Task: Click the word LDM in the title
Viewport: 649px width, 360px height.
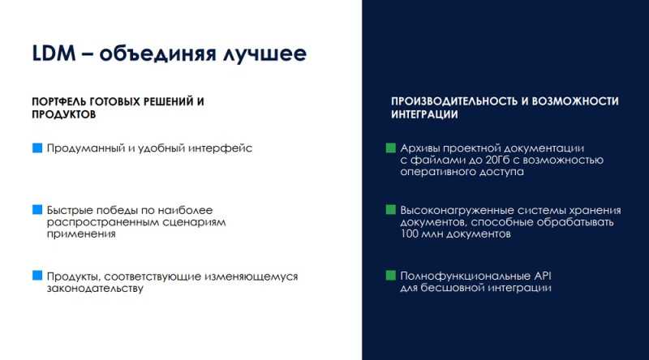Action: tap(54, 54)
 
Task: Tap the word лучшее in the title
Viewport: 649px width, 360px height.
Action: tap(265, 54)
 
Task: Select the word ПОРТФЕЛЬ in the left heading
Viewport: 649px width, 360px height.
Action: tap(59, 101)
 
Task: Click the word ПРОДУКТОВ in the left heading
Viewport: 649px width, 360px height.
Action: tap(64, 114)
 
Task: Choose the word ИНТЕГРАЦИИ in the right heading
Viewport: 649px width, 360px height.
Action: tap(424, 114)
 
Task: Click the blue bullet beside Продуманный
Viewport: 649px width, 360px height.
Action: tap(37, 148)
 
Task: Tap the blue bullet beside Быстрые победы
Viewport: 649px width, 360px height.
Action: tap(37, 210)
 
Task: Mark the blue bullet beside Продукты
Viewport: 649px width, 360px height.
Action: tap(37, 276)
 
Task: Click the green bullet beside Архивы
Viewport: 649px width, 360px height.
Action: tap(391, 148)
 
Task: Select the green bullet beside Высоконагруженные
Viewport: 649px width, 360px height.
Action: tap(391, 210)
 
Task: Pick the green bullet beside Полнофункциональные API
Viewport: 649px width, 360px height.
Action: tap(391, 276)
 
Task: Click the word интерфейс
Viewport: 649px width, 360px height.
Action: tap(220, 148)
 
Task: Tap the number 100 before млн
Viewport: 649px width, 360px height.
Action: tap(410, 234)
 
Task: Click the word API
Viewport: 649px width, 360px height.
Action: tap(543, 276)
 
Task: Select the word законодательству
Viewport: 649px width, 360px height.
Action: tap(95, 288)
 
